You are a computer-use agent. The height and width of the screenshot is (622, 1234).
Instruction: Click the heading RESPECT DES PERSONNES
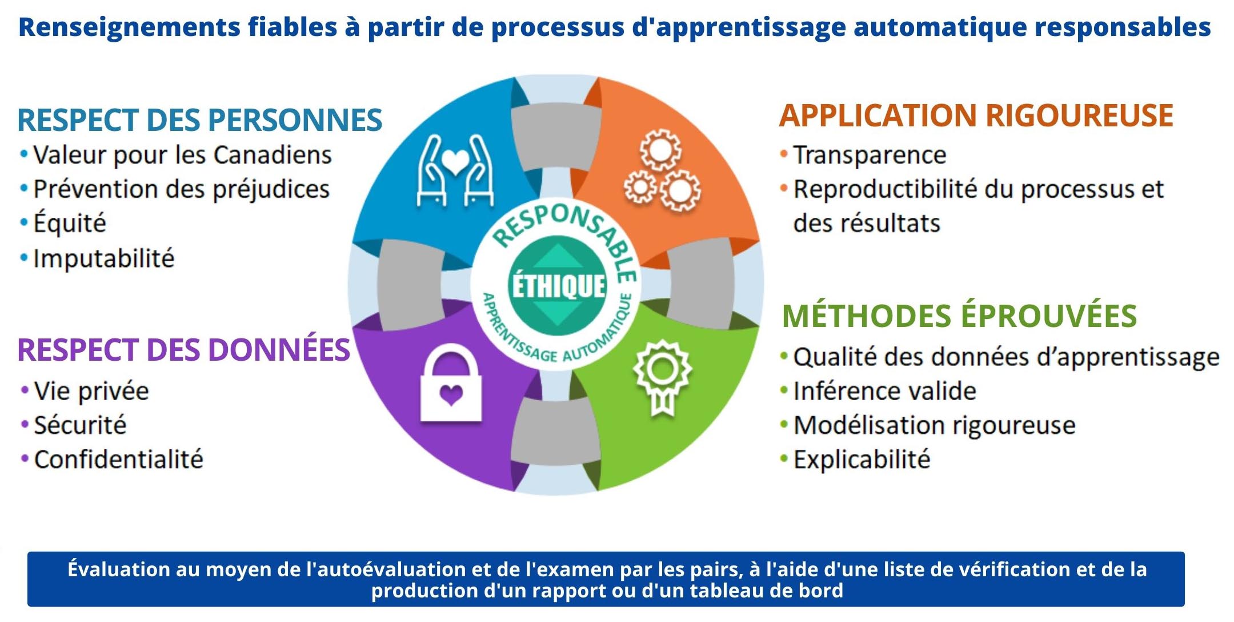point(199,120)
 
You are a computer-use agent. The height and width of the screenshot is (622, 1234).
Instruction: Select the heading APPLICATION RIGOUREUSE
point(976,115)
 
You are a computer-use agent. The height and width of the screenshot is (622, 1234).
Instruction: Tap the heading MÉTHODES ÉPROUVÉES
point(959,316)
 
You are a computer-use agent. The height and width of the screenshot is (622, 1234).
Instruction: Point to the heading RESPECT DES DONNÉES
point(183,350)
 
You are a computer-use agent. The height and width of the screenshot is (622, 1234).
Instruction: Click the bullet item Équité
point(70,223)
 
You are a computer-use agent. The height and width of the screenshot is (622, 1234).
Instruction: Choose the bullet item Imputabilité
point(103,258)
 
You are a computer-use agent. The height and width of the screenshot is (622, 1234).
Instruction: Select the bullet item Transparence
point(870,155)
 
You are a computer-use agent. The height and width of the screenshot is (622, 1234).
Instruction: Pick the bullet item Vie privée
point(91,391)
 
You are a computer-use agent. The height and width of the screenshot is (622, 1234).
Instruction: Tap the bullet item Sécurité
point(80,425)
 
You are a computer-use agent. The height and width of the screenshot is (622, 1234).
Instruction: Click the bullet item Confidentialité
point(118,460)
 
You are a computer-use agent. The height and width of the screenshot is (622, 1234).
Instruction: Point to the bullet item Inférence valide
point(884,391)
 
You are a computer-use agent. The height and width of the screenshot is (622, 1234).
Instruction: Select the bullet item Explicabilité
point(862,460)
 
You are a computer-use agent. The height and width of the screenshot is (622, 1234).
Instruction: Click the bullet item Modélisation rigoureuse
point(934,425)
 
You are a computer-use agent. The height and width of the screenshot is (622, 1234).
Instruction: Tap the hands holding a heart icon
point(455,170)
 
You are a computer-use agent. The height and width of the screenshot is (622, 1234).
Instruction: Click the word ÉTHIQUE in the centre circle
point(558,286)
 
